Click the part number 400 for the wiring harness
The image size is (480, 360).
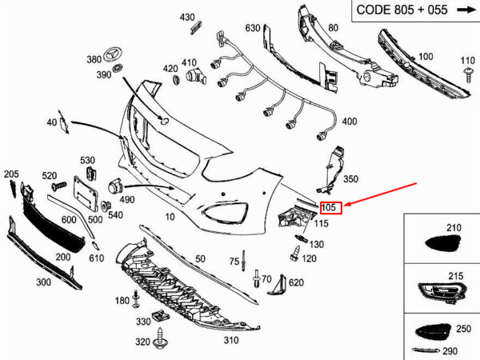(x=349, y=122)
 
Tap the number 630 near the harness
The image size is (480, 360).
(x=253, y=28)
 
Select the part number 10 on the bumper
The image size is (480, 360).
(x=170, y=217)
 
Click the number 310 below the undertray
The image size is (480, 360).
(x=231, y=339)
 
